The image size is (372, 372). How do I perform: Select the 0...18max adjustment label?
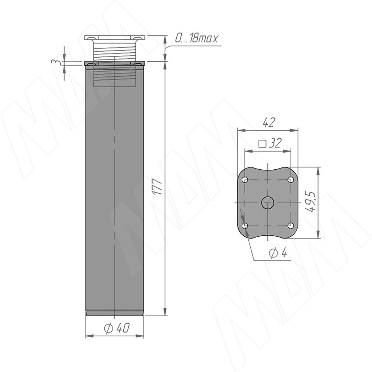click(196, 38)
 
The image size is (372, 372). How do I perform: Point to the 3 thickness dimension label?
click(54, 62)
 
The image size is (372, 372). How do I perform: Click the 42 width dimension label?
click(269, 122)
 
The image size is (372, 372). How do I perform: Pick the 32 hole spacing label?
click(276, 143)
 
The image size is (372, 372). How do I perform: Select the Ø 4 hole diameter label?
click(278, 253)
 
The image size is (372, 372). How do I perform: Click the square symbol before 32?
click(262, 144)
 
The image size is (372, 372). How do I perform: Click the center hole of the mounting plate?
click(268, 203)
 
